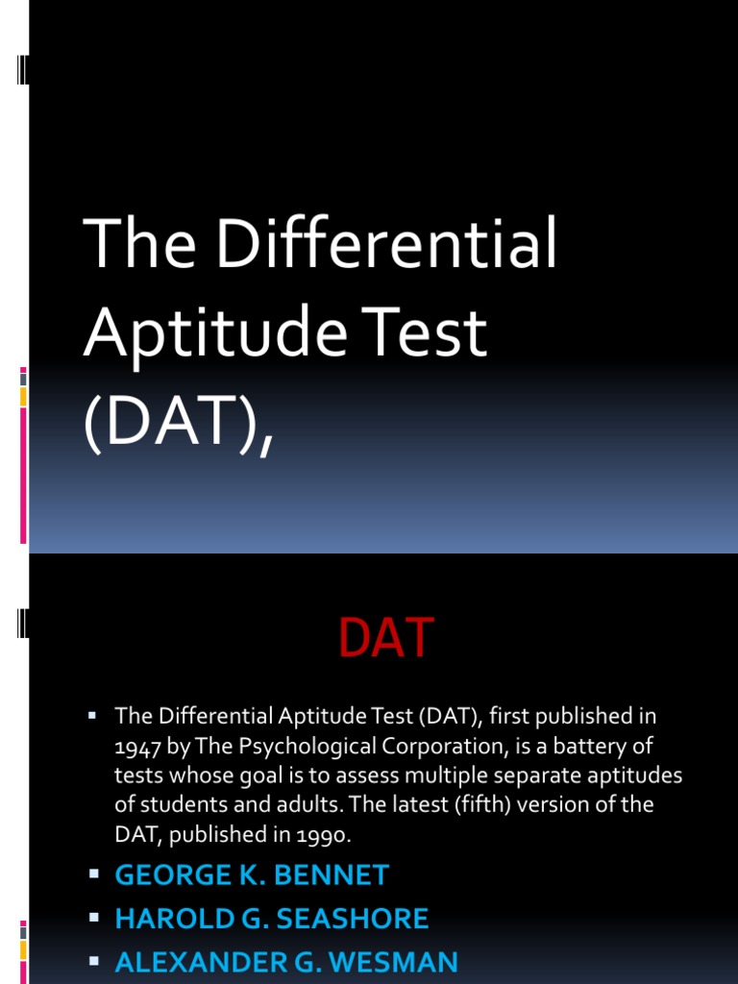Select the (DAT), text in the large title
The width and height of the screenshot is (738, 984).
click(x=179, y=423)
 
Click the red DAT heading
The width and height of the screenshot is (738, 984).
click(x=386, y=639)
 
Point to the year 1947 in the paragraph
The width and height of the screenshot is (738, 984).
click(x=137, y=746)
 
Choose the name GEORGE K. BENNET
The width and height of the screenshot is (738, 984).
click(x=252, y=875)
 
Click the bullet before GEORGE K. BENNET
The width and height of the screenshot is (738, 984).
click(x=94, y=874)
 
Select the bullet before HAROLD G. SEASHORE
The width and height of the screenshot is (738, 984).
click(x=94, y=918)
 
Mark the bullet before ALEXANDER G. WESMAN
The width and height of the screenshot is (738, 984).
click(x=94, y=961)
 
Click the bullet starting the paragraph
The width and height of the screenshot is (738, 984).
click(x=93, y=716)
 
